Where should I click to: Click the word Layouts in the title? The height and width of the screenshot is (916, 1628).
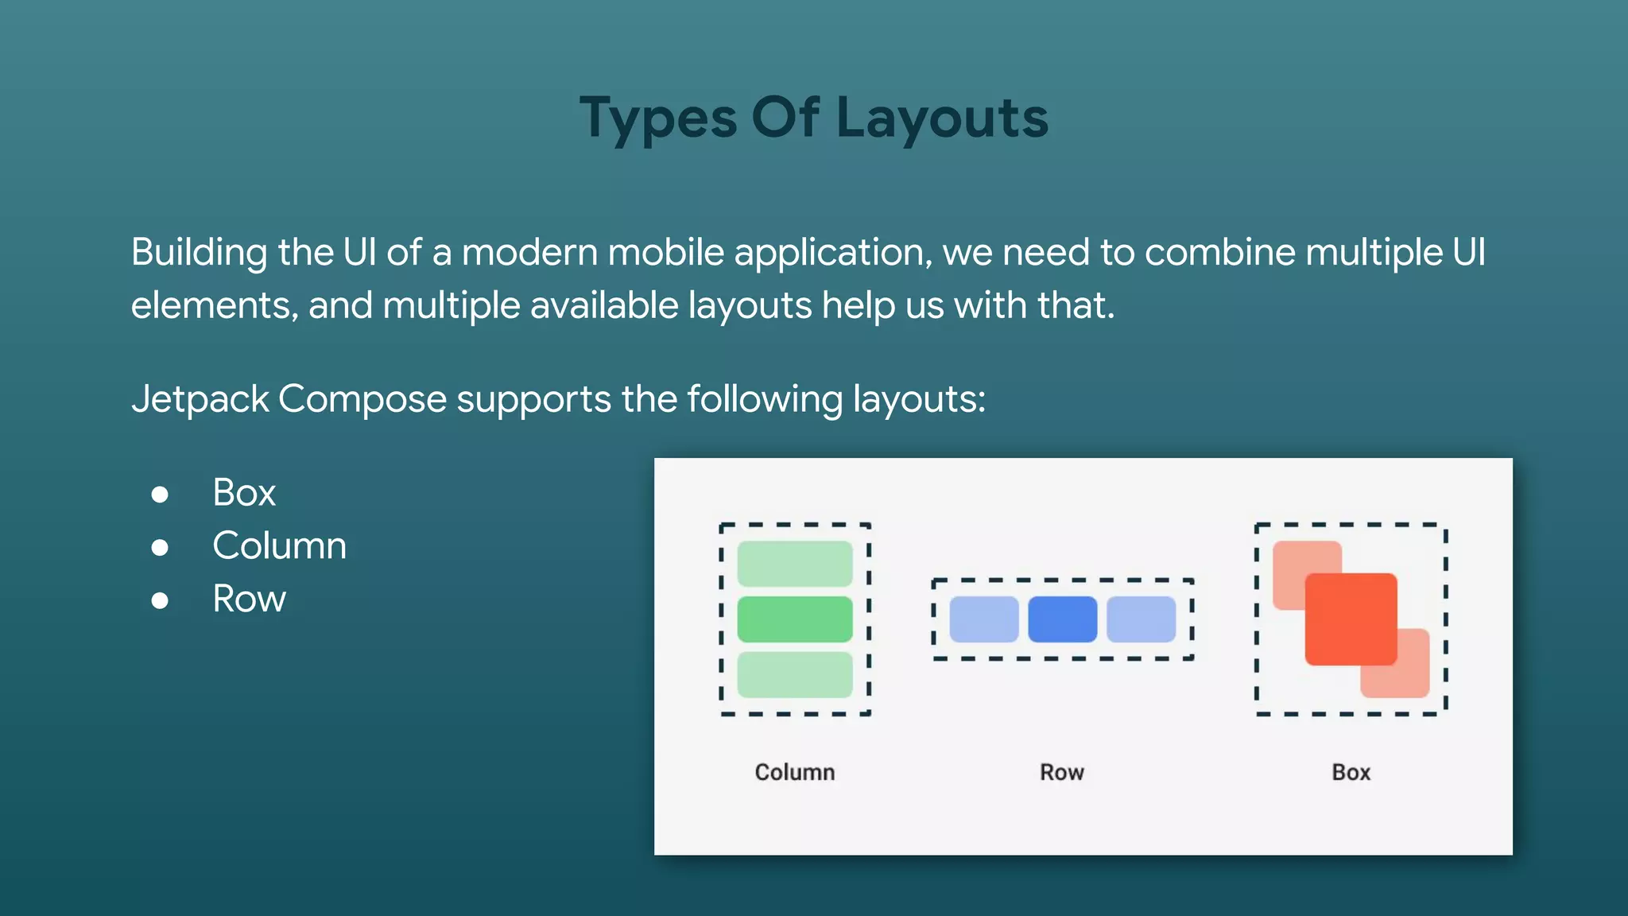point(942,118)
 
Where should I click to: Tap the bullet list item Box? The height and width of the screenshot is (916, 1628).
point(244,492)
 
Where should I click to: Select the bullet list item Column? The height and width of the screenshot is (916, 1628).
point(279,545)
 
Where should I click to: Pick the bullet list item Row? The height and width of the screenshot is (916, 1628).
point(249,599)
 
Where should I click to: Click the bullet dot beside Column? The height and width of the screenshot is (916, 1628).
point(160,547)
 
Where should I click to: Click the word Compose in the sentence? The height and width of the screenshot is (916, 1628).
point(362,399)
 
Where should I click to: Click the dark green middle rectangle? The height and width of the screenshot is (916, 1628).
point(795,619)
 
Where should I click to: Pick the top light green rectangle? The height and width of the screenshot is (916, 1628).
point(795,564)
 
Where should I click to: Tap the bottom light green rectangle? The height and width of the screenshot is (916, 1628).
point(795,674)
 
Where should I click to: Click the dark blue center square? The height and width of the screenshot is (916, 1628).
point(1062,619)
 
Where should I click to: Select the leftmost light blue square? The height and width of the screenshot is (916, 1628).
point(984,619)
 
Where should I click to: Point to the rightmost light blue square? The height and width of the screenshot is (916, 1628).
point(1141,619)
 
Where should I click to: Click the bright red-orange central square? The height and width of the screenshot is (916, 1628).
point(1351,619)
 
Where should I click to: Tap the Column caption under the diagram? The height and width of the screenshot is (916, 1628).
point(795,772)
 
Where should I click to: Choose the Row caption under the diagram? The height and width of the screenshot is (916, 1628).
point(1062,772)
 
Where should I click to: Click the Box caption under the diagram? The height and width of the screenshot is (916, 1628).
point(1351,772)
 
